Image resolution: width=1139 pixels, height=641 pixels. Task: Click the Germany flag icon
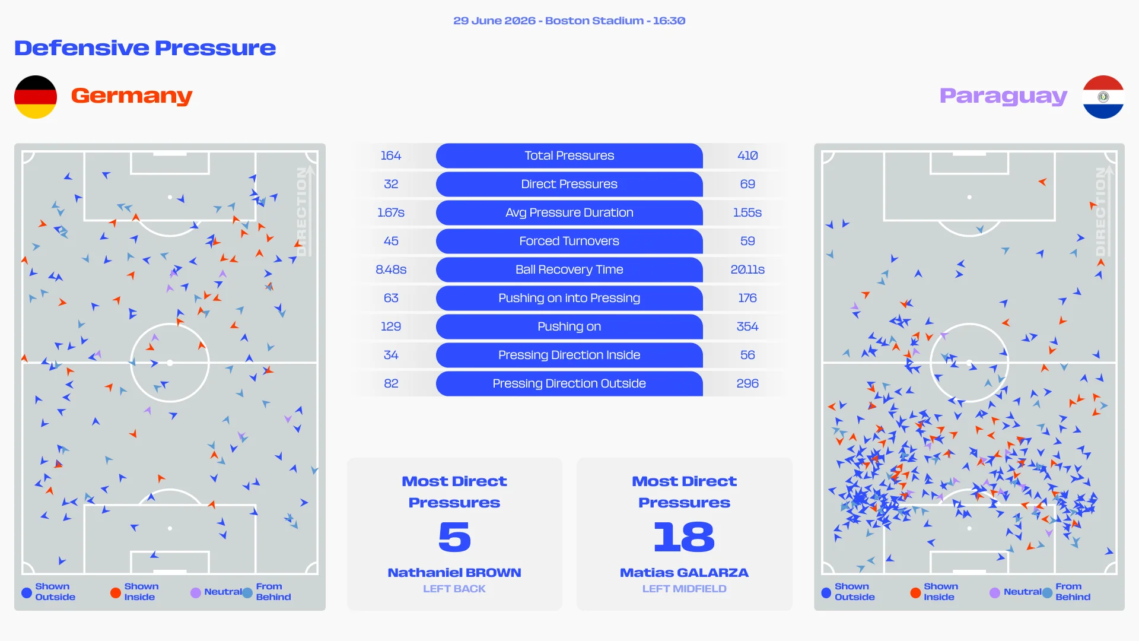36,97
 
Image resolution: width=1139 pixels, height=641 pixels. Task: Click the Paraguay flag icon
1103,97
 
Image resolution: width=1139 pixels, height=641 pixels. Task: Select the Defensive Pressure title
145,48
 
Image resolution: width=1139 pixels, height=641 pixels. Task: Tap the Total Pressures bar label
569,156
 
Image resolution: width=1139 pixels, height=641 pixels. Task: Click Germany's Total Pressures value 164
391,156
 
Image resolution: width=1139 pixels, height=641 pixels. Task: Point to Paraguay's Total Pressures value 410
747,156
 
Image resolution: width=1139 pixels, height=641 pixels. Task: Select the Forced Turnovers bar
569,241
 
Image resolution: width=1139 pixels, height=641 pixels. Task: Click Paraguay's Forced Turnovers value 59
747,241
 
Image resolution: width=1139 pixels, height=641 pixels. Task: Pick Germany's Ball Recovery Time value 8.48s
391,269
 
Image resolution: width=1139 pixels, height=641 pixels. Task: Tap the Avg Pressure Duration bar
569,212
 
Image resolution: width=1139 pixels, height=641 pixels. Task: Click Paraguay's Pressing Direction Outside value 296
747,383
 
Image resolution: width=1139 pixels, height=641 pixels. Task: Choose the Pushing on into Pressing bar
569,298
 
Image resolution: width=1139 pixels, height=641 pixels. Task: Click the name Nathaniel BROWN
454,573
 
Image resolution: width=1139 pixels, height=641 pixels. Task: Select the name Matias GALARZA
684,573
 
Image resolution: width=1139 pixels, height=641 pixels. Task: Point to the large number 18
684,537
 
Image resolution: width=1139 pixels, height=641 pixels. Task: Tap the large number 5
454,537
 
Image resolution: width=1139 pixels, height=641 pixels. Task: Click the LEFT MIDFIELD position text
684,589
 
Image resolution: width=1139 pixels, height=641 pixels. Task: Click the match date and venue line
569,21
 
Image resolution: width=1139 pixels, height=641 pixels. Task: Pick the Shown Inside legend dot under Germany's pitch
116,592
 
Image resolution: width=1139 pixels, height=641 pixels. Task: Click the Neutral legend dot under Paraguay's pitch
995,592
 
